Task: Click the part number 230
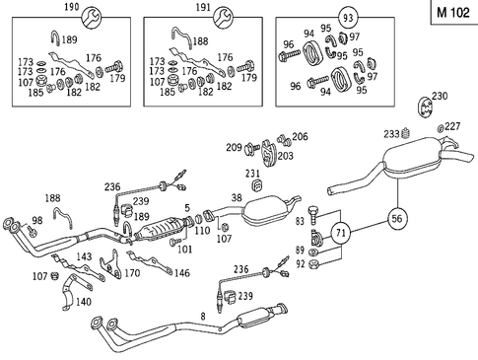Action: (x=440, y=96)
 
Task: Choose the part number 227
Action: (x=451, y=126)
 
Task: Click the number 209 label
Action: (x=234, y=149)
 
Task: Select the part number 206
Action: (x=300, y=137)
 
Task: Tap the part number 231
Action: (x=252, y=175)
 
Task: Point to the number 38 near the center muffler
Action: (x=236, y=198)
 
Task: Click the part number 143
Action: (x=85, y=257)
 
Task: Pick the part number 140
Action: (x=83, y=302)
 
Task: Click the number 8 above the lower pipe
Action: (x=203, y=316)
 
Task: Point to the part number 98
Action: (x=37, y=220)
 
